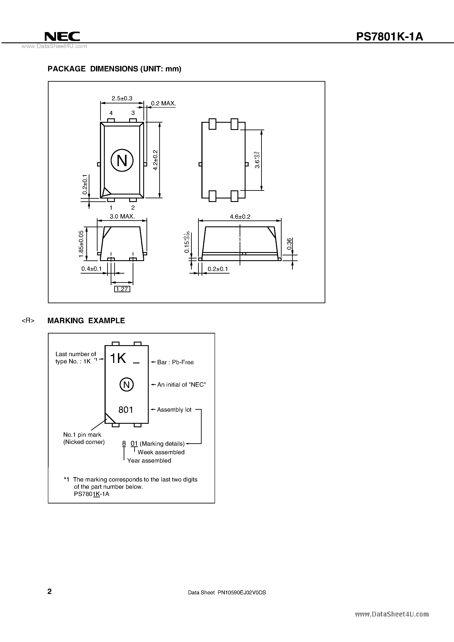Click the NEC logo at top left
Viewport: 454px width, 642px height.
click(62, 36)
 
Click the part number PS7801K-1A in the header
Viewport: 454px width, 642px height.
click(389, 37)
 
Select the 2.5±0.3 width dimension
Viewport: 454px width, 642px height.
click(122, 98)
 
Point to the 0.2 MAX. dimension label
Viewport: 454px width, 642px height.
click(163, 103)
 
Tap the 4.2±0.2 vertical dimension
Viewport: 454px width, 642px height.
click(156, 160)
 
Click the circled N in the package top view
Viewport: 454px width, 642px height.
click(122, 160)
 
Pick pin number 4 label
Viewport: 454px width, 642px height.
click(111, 113)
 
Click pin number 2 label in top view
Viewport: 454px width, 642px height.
click(133, 207)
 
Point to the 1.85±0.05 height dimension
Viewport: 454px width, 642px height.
click(81, 244)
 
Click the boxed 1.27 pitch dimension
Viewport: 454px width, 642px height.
click(122, 289)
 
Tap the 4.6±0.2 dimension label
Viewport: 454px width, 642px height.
click(240, 216)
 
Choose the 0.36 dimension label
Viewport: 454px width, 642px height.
click(289, 244)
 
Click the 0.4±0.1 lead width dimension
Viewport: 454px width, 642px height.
click(91, 269)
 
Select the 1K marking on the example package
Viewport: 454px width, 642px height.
click(118, 359)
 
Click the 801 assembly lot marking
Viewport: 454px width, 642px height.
click(126, 410)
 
